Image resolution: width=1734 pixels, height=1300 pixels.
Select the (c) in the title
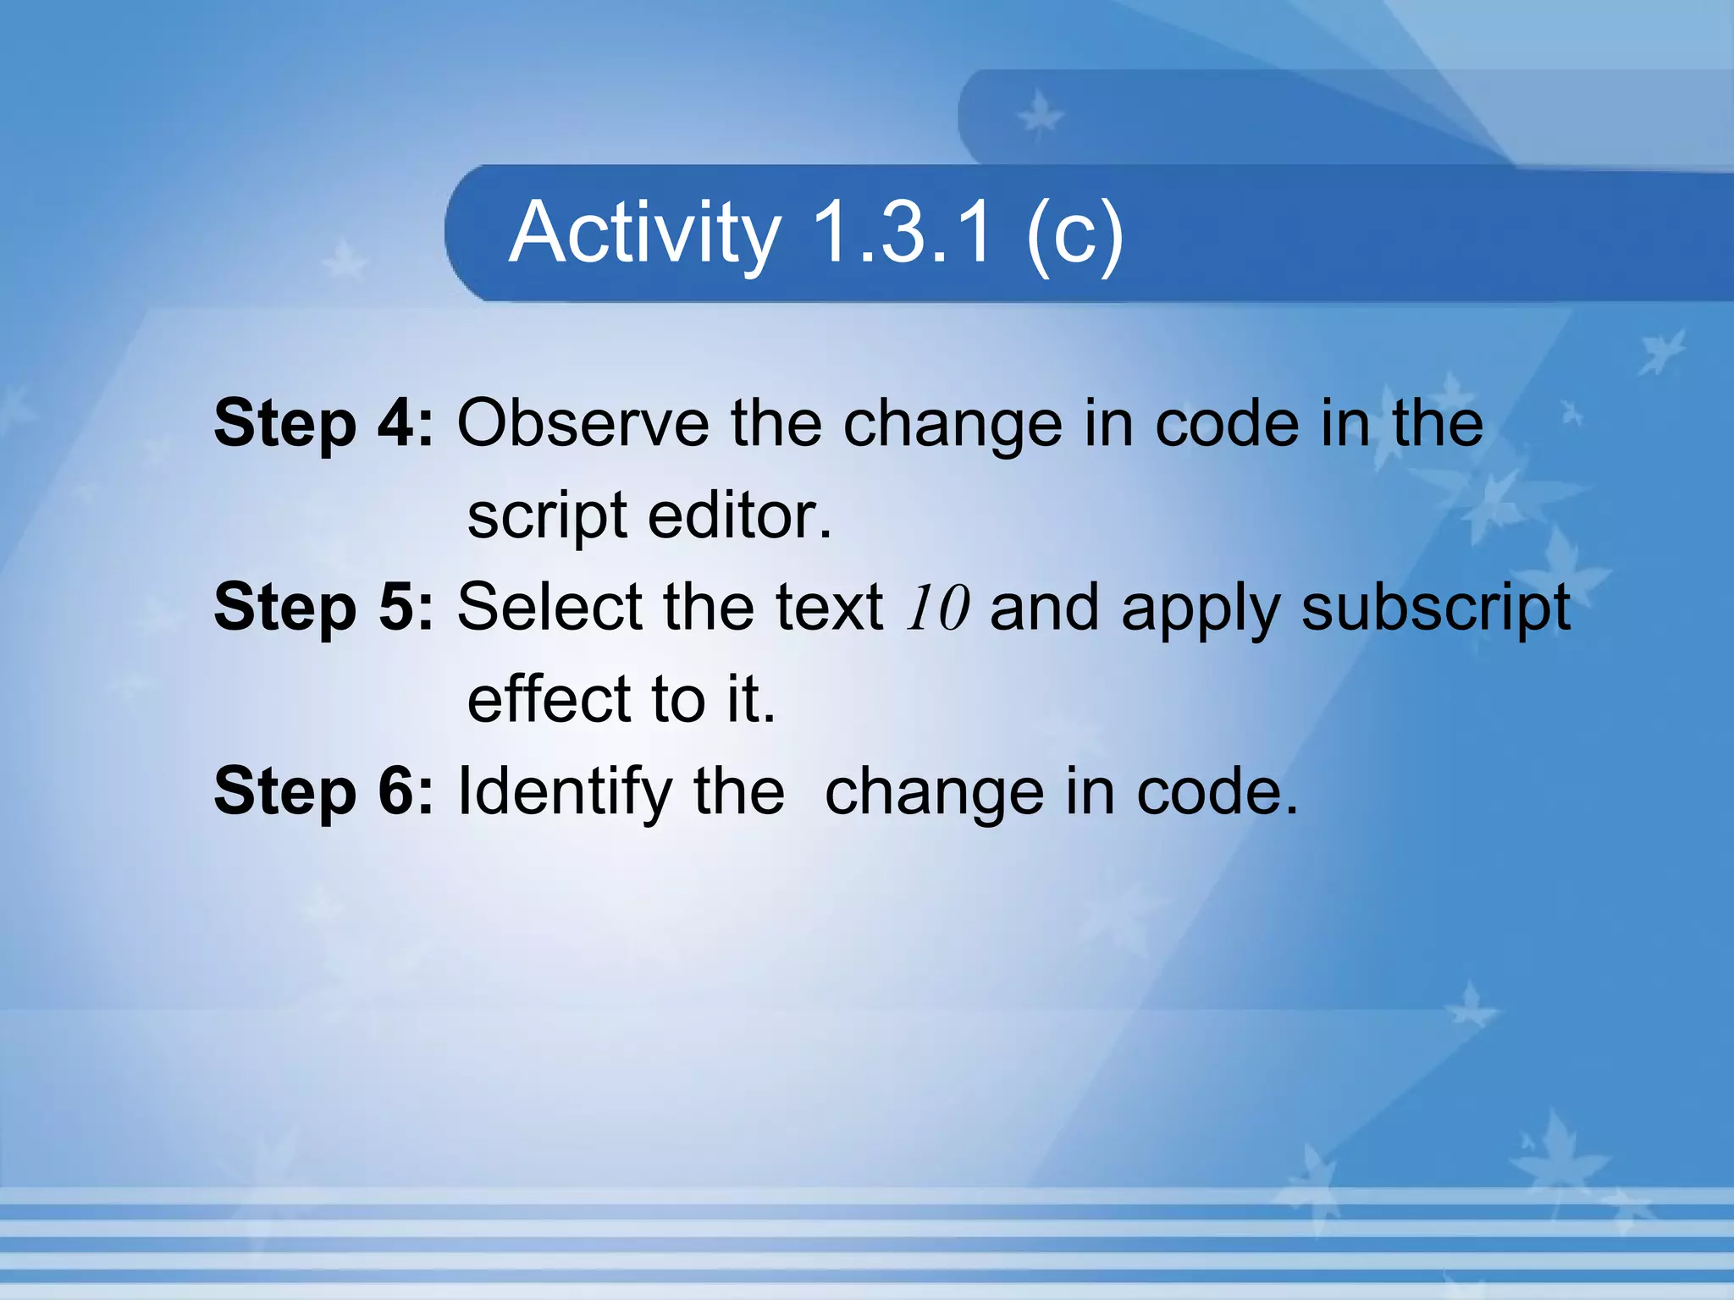tap(1074, 233)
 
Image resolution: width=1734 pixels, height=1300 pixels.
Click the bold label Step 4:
tap(323, 422)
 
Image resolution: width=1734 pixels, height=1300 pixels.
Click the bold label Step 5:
tap(323, 606)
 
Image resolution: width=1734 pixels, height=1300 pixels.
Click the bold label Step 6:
tap(323, 790)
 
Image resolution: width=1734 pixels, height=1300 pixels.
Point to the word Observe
tap(583, 422)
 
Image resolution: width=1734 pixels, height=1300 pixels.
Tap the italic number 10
tap(936, 608)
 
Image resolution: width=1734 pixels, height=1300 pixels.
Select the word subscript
tap(1435, 608)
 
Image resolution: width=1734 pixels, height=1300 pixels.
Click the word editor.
tap(740, 515)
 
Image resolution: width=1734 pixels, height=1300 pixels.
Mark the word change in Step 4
tap(953, 424)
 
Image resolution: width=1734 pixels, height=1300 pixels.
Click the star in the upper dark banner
tap(1039, 115)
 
